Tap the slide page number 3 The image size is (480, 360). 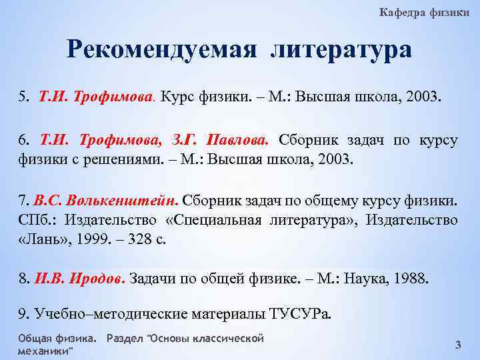coord(457,345)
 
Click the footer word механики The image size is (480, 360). coord(44,351)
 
